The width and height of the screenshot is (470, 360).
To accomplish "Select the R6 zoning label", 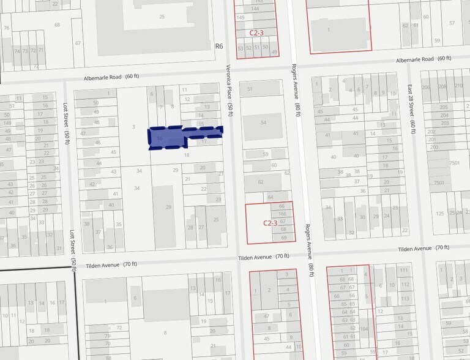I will (220, 46).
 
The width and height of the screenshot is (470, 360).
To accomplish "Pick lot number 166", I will (283, 214).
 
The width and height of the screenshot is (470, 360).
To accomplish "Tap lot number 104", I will (364, 328).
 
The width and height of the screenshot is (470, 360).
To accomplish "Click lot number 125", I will (440, 213).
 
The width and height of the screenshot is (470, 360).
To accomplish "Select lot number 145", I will (241, 18).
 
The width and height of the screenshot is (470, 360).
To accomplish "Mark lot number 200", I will (433, 147).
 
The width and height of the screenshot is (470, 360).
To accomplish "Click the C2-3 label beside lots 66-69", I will (270, 223).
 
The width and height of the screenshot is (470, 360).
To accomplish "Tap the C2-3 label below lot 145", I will (256, 32).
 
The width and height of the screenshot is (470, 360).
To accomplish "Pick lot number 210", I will (459, 86).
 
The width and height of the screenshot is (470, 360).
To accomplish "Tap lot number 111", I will (403, 270).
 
